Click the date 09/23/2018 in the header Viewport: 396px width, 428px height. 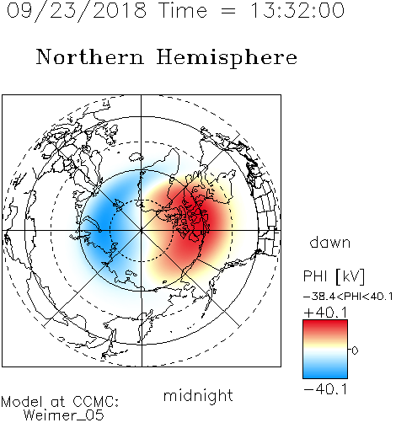[x=77, y=11]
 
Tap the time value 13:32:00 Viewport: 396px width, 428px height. [x=297, y=10]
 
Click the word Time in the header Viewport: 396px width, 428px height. [x=183, y=10]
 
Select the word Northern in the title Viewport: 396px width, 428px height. [x=89, y=56]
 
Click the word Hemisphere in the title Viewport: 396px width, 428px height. [x=227, y=58]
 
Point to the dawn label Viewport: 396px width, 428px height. [x=330, y=243]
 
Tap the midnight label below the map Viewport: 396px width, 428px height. [x=198, y=395]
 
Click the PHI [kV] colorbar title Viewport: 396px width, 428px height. [x=334, y=276]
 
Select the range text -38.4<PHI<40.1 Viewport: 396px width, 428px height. [x=348, y=297]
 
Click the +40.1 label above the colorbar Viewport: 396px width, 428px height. [x=325, y=313]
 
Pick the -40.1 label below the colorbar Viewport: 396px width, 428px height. [x=325, y=390]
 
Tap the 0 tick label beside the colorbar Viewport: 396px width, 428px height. [x=355, y=350]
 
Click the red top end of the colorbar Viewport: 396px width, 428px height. [x=325, y=323]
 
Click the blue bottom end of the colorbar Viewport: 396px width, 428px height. [x=325, y=376]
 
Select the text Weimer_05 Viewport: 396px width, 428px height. [x=64, y=415]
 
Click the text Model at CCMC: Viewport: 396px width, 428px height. [x=60, y=402]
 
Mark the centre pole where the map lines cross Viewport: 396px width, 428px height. [x=142, y=231]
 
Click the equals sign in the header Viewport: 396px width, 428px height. [x=228, y=11]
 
